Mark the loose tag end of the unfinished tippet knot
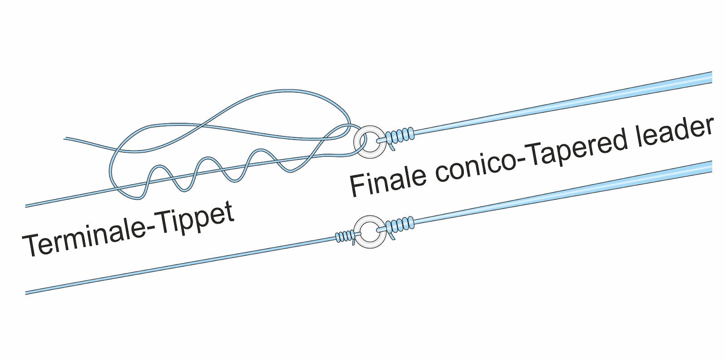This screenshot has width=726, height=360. pos(65,138)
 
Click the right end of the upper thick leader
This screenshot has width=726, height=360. pos(711,78)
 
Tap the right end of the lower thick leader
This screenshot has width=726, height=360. pos(711,167)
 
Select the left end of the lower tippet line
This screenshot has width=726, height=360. pos(27,293)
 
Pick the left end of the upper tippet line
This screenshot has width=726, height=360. pos(27,206)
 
